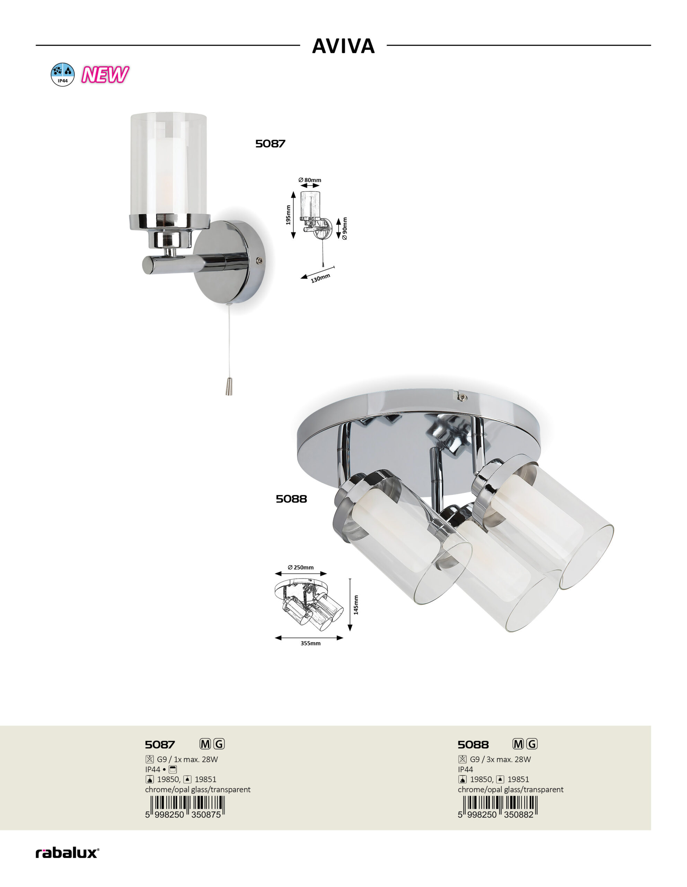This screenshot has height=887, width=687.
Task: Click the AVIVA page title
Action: pyautogui.click(x=343, y=46)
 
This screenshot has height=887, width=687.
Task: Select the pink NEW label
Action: pyautogui.click(x=105, y=75)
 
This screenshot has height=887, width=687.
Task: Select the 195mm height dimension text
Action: pyautogui.click(x=288, y=215)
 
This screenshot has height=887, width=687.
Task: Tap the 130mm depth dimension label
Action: pyautogui.click(x=320, y=278)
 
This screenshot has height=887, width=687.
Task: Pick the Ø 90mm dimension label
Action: pyautogui.click(x=345, y=228)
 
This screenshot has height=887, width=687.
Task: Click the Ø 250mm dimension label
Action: pyautogui.click(x=300, y=568)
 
